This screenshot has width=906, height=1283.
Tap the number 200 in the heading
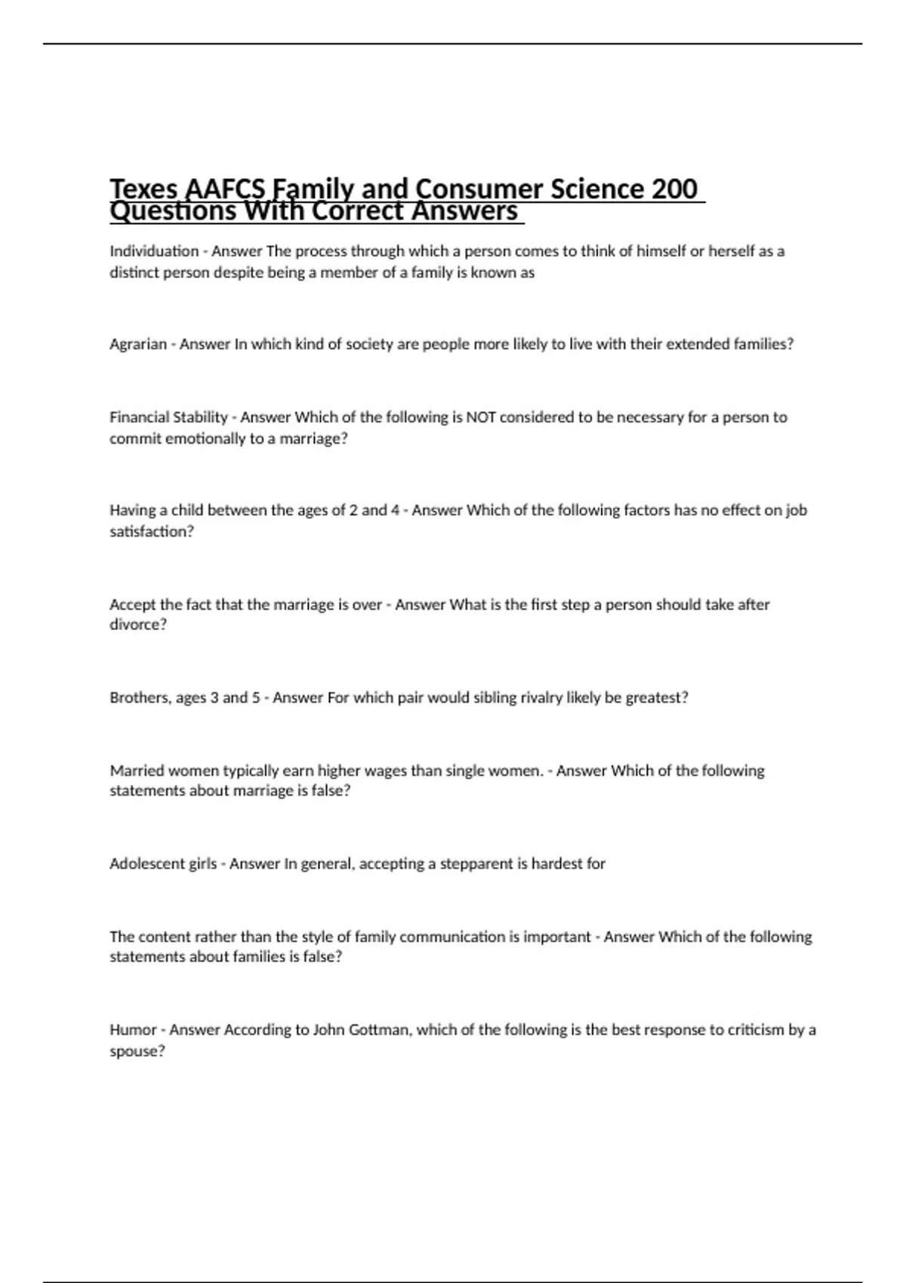pyautogui.click(x=673, y=189)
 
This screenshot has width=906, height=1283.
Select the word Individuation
pyautogui.click(x=154, y=251)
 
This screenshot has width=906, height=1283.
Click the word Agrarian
pyautogui.click(x=138, y=344)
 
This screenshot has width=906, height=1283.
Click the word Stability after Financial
pyautogui.click(x=200, y=417)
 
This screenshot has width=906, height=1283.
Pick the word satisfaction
pyautogui.click(x=151, y=531)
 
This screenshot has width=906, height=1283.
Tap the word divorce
pyautogui.click(x=137, y=625)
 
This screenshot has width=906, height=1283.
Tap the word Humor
pyautogui.click(x=133, y=1030)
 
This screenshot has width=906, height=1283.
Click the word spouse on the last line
pyautogui.click(x=137, y=1051)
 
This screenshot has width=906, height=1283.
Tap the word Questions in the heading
pyautogui.click(x=173, y=212)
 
